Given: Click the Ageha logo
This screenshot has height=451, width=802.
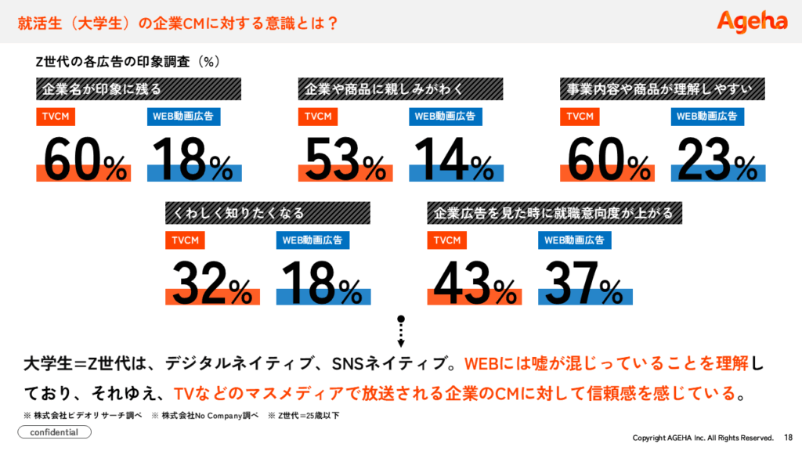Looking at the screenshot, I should point(752,21).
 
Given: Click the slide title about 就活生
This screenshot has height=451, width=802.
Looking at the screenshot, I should point(179,23).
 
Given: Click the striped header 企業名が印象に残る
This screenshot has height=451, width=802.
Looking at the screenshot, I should point(138,89).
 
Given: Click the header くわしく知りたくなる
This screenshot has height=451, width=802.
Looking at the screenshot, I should point(267,212).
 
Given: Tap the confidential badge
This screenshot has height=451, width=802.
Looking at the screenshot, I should point(54,432).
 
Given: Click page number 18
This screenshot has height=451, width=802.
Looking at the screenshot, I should point(787,437).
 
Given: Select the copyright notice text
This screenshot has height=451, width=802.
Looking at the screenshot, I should point(702,437).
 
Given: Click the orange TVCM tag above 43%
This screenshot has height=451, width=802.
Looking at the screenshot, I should point(447,240).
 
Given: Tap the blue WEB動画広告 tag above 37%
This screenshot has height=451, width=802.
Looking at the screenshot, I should point(575,240).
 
